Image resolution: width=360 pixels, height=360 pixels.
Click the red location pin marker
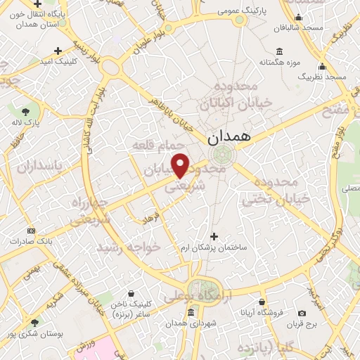(181, 165)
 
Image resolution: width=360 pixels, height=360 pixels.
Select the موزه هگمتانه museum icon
(280, 51)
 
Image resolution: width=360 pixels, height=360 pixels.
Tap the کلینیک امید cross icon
(58, 50)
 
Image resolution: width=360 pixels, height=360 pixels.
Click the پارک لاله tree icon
(26, 110)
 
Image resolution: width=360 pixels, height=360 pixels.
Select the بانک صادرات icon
(31, 230)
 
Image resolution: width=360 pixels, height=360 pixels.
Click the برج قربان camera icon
(302, 313)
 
